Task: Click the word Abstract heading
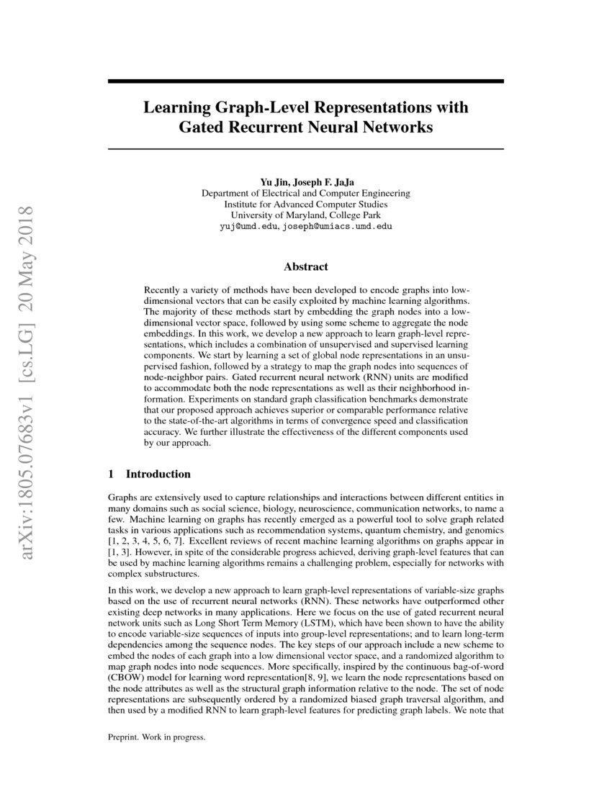click(305, 267)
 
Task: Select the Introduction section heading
click(158, 474)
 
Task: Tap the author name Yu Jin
click(274, 182)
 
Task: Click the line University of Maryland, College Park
click(306, 215)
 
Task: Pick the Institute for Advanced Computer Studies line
click(306, 204)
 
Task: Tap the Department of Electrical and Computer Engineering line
click(306, 193)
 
